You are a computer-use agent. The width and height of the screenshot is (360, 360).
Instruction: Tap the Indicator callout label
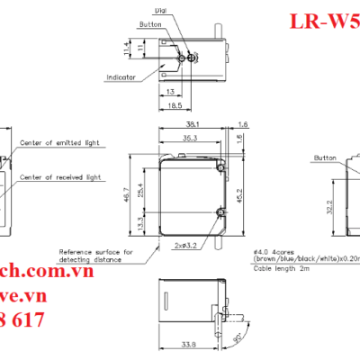(x=119, y=77)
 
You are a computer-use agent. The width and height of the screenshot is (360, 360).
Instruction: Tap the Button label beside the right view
(x=324, y=157)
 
